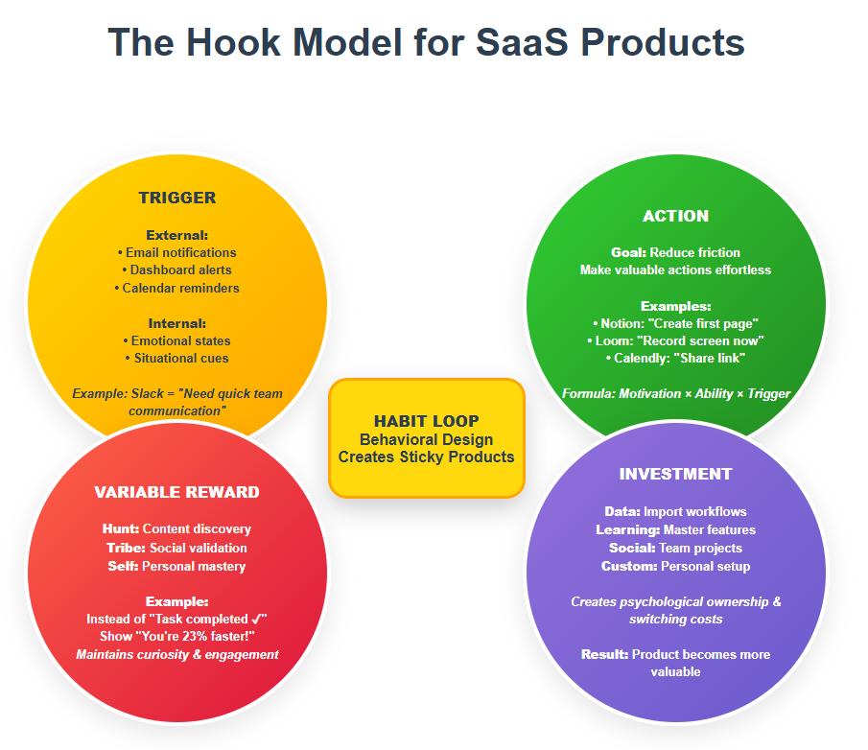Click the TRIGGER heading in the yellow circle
pyautogui.click(x=176, y=199)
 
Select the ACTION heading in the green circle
pyautogui.click(x=676, y=216)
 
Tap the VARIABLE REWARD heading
pyautogui.click(x=176, y=492)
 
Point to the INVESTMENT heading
pyautogui.click(x=675, y=474)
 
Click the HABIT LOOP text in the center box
pyautogui.click(x=426, y=421)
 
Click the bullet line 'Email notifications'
pyautogui.click(x=176, y=252)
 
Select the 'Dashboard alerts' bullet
pyautogui.click(x=176, y=270)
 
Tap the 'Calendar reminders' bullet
pyautogui.click(x=176, y=288)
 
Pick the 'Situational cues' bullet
pyautogui.click(x=176, y=358)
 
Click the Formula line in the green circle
pyautogui.click(x=675, y=393)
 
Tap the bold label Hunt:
pyautogui.click(x=121, y=528)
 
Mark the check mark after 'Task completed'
pyautogui.click(x=256, y=619)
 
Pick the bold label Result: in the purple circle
pyautogui.click(x=604, y=654)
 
